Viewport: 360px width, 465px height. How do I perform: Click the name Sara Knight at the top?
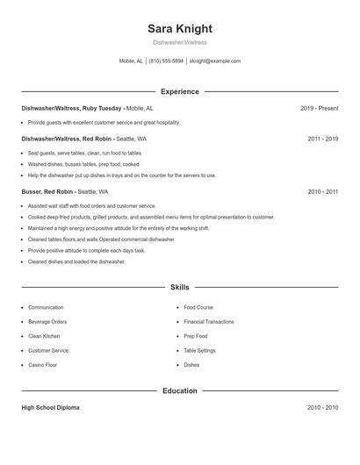(179, 28)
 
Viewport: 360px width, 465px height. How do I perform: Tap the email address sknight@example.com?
(214, 61)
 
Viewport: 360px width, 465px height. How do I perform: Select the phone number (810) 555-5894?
(166, 61)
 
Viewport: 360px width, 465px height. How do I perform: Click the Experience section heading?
(179, 91)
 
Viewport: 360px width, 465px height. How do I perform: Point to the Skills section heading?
(179, 287)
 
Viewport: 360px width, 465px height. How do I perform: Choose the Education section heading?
(179, 390)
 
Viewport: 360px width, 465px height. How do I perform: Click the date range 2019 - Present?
(319, 108)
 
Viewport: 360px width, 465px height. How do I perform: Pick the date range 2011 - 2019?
(323, 139)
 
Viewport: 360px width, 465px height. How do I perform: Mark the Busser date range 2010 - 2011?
(323, 191)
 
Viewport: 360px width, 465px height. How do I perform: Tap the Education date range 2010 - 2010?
(323, 408)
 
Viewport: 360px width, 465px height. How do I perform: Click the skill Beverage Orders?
(47, 322)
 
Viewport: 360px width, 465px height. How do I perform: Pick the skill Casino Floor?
(43, 364)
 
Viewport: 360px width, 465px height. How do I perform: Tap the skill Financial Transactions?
(209, 322)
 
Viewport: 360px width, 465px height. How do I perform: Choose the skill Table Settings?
(200, 350)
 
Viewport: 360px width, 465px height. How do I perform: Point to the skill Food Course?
(198, 308)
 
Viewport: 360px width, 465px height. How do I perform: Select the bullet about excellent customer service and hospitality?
(104, 123)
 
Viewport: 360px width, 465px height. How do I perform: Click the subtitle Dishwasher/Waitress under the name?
(179, 42)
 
